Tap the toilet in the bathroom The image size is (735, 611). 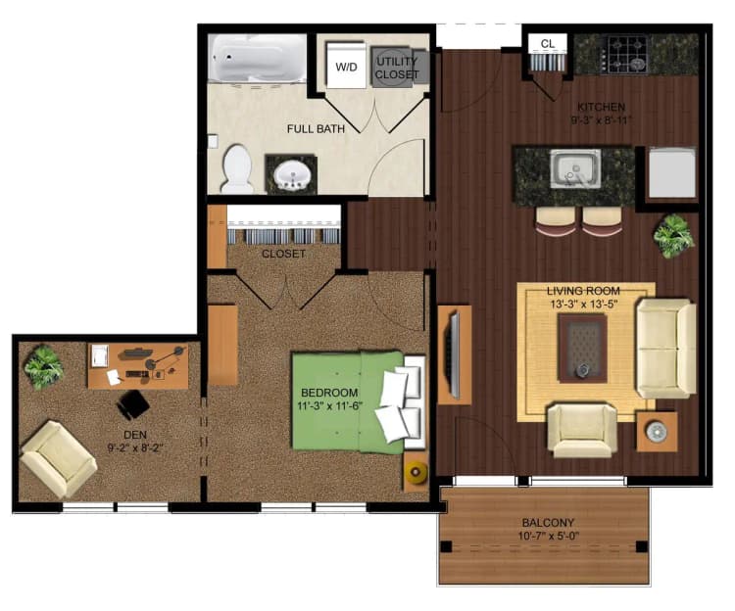click(237, 168)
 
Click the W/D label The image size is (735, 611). click(346, 68)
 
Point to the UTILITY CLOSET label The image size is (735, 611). click(396, 68)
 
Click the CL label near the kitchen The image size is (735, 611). click(548, 44)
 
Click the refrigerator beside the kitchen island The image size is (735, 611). click(672, 173)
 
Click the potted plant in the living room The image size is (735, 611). click(673, 236)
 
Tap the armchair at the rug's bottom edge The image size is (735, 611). click(582, 429)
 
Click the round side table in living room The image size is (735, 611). click(656, 430)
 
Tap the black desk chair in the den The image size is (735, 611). click(132, 402)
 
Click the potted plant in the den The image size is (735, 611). click(43, 366)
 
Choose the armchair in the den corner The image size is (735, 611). click(59, 457)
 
